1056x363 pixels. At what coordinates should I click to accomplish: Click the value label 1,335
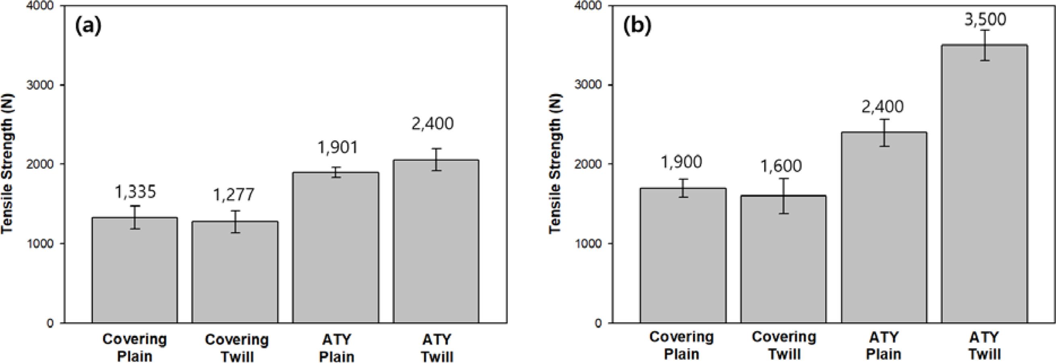click(x=135, y=192)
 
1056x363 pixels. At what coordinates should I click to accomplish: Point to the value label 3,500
click(x=984, y=20)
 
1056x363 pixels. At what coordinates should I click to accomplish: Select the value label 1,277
click(x=234, y=195)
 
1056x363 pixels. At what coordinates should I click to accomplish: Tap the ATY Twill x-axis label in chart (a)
click(x=436, y=348)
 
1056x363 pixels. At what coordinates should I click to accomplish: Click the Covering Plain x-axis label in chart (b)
click(x=681, y=345)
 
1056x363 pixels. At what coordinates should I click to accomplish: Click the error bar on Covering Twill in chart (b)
click(x=783, y=196)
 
